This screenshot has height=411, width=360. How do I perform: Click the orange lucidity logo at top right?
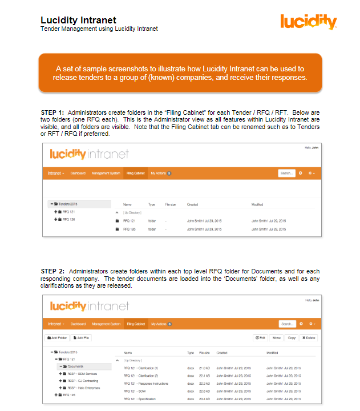click(x=309, y=22)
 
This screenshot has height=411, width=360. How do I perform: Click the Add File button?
click(x=81, y=338)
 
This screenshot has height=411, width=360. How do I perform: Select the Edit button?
click(x=260, y=338)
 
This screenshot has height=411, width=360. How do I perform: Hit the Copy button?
click(x=291, y=338)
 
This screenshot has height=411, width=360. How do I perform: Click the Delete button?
click(x=309, y=338)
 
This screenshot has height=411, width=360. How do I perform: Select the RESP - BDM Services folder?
click(x=83, y=373)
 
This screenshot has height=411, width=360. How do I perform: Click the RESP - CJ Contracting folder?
click(x=84, y=381)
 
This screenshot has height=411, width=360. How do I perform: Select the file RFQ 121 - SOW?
click(x=134, y=391)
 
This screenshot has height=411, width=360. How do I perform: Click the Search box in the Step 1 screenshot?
click(x=286, y=172)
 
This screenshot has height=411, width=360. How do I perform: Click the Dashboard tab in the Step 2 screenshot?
click(x=78, y=324)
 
